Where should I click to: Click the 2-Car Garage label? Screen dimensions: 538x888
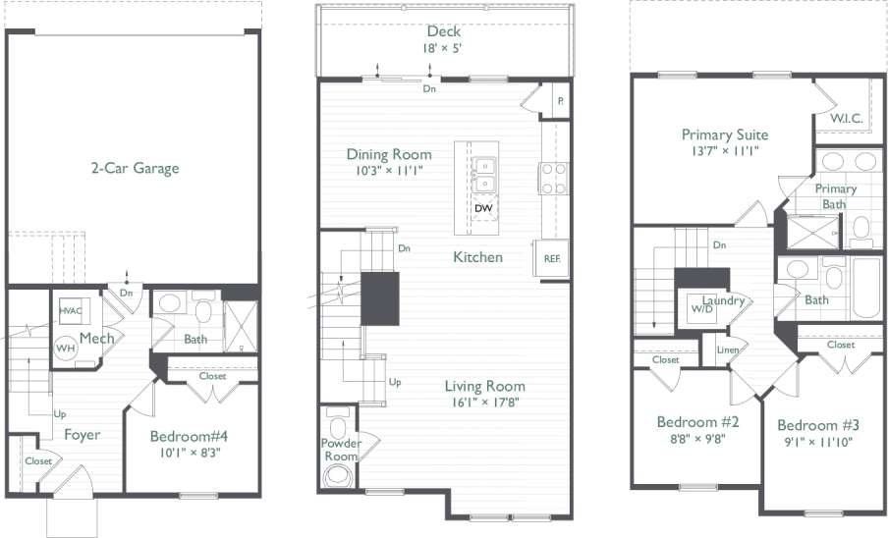[130, 168]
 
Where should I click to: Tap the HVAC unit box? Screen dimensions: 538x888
[70, 309]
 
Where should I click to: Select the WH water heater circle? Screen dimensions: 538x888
[65, 348]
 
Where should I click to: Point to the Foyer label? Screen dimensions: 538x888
[83, 434]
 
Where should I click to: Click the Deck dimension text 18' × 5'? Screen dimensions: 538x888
[443, 48]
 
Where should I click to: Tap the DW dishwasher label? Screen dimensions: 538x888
[482, 208]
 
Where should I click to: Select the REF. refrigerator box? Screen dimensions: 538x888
[552, 258]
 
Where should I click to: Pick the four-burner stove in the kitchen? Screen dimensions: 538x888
[554, 178]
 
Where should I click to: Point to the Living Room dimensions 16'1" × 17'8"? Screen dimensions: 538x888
[483, 402]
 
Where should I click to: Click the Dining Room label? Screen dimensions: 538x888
[389, 154]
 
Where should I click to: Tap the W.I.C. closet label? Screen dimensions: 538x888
[846, 119]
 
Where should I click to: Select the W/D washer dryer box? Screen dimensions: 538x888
[702, 308]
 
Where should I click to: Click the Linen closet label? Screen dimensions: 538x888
[728, 350]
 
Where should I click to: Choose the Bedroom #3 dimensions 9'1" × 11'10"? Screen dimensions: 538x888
[818, 442]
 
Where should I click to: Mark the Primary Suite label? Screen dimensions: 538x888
[725, 134]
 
